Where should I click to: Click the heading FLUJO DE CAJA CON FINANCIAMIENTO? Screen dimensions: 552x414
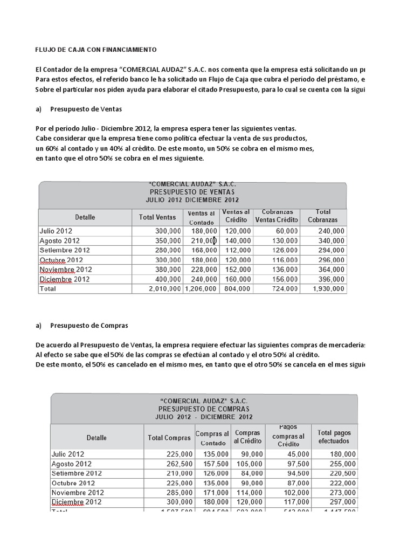(95, 50)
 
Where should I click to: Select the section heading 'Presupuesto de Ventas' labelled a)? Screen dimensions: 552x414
(86, 109)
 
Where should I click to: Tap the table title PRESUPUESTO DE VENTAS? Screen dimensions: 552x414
(192, 191)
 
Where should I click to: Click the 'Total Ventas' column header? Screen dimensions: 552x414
(157, 217)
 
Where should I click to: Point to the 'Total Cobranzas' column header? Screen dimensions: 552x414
(323, 216)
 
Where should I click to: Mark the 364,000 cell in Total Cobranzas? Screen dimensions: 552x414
(331, 270)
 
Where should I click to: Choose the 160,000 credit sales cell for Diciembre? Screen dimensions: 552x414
(237, 279)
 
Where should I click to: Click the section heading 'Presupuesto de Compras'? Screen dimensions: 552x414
(89, 326)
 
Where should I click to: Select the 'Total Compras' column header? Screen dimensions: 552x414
(169, 438)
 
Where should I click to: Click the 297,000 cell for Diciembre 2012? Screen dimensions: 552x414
(342, 502)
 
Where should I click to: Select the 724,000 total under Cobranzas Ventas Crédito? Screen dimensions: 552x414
(284, 289)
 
